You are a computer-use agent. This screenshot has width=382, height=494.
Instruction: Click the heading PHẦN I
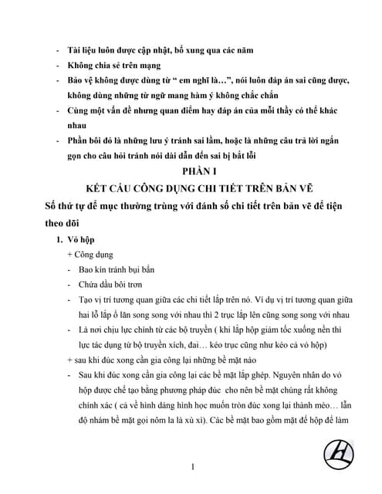coord(191,170)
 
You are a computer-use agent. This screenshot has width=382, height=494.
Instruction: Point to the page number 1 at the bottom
coord(191,465)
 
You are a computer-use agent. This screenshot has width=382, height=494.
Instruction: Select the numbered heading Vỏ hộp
coord(81,240)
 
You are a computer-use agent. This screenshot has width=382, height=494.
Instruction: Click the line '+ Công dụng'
coord(91,255)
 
